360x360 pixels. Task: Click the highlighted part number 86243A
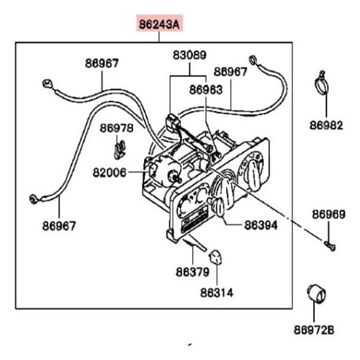[159, 24]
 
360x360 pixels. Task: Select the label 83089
[189, 55]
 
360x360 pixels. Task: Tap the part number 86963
[206, 90]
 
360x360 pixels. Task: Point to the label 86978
[117, 128]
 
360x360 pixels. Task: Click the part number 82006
[109, 172]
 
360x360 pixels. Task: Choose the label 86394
[261, 225]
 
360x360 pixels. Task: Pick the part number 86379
[192, 272]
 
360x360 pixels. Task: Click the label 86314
[217, 293]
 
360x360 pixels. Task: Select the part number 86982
[326, 125]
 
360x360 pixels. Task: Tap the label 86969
[329, 215]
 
